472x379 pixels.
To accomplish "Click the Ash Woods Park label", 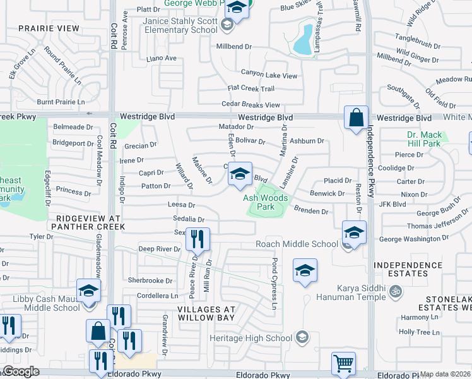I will (266, 202).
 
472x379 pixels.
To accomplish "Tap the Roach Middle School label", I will (297, 244).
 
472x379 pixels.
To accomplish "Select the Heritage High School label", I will (260, 338).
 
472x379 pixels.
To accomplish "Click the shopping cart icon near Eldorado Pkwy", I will (343, 363).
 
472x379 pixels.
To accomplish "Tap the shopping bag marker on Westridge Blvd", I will (356, 117).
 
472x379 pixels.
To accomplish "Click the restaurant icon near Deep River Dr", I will (199, 239).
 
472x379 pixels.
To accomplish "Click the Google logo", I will (21, 371).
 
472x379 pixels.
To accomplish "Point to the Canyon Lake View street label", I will (268, 76).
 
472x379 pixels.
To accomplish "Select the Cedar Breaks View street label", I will (250, 105).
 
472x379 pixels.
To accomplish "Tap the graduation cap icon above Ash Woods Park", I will (240, 175).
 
